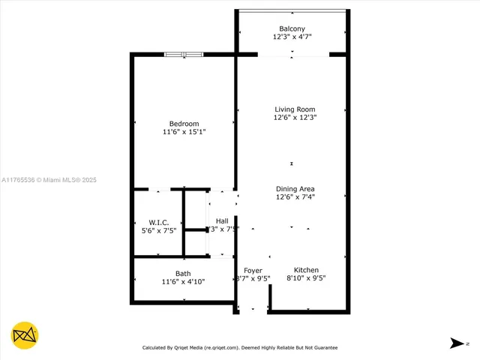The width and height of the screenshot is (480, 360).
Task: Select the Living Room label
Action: [x=294, y=109]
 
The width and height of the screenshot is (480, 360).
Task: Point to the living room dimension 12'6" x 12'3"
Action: [x=294, y=118]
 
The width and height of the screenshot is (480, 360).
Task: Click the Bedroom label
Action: [x=184, y=124]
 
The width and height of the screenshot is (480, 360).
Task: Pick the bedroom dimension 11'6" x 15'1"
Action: [x=184, y=132]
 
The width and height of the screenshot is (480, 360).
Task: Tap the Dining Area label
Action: [x=295, y=189]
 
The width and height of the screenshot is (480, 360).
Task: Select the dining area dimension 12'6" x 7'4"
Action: [x=295, y=197]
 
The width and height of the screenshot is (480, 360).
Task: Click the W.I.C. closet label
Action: [x=158, y=223]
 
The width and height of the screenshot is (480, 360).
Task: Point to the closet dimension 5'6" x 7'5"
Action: [x=158, y=231]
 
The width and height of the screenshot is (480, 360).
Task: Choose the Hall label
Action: [x=222, y=220]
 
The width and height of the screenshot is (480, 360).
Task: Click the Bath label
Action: [x=183, y=274]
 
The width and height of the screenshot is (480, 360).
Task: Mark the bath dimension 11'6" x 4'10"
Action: [x=183, y=282]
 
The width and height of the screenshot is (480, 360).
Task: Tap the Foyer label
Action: [x=253, y=270]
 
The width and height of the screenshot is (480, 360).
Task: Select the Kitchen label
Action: [x=306, y=270]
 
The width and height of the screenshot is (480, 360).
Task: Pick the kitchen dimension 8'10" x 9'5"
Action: [x=306, y=278]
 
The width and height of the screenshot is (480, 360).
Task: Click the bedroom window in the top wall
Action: [x=184, y=54]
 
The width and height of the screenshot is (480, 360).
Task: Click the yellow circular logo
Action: [x=25, y=334]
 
